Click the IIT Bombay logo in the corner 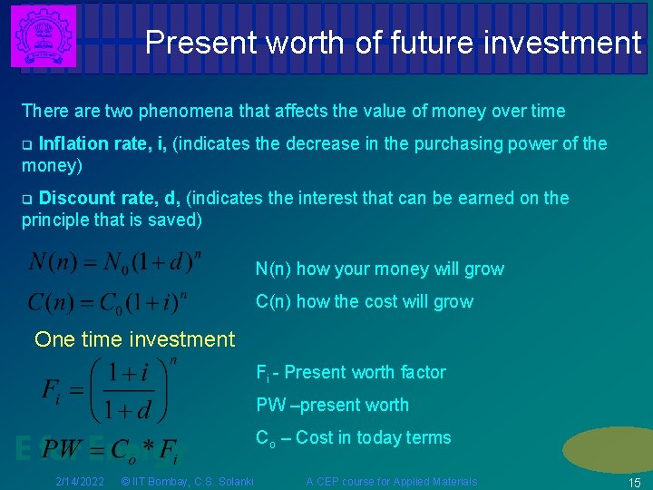(44, 36)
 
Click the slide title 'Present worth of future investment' (392, 42)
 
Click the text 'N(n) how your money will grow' (379, 269)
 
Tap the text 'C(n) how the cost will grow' (364, 301)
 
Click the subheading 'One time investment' (134, 339)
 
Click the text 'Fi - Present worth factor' (351, 372)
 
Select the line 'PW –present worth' (332, 405)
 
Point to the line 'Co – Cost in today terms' (353, 437)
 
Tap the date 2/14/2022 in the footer (79, 481)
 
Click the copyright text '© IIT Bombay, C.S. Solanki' (187, 481)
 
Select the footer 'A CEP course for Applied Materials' (391, 481)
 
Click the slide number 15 (634, 482)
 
